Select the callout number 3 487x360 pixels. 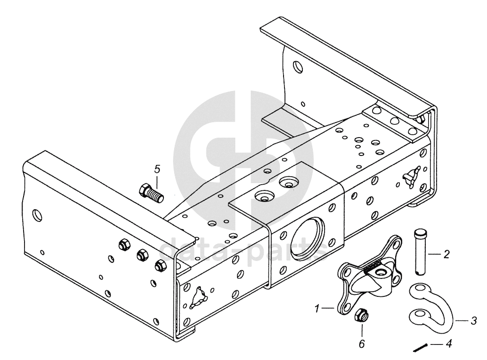(x=473, y=321)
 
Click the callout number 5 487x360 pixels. (x=157, y=168)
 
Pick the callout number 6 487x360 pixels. (x=361, y=344)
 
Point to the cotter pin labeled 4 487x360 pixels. (x=420, y=348)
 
